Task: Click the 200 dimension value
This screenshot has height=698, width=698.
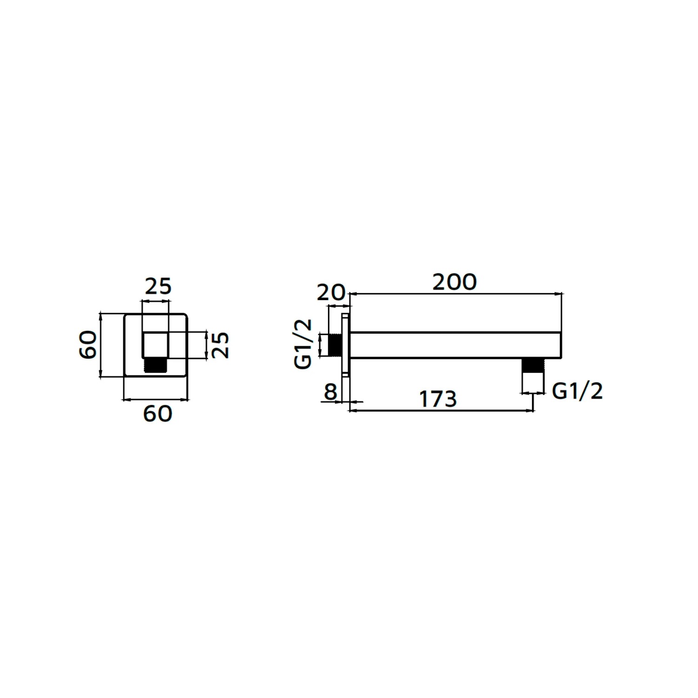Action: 455,282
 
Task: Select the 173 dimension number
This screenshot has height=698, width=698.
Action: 438,399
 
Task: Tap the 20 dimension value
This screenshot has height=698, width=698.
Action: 331,293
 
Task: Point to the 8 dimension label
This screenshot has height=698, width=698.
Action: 330,392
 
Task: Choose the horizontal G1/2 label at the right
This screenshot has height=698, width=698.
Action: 577,391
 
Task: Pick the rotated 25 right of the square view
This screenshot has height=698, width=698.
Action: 221,345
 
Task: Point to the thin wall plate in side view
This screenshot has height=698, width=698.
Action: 345,345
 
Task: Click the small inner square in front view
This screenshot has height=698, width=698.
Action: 155,345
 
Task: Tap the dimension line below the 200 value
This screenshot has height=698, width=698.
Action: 455,294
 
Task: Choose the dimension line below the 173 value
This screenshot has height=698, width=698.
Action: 441,411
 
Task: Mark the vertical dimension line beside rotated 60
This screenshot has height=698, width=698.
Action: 101,345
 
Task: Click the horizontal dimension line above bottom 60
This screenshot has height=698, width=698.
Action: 155,399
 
